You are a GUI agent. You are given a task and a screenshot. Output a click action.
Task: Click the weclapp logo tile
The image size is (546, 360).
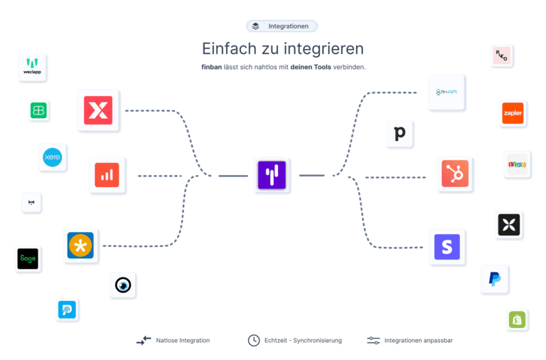tap(32, 68)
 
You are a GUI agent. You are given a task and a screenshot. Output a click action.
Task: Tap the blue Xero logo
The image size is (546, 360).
tap(53, 157)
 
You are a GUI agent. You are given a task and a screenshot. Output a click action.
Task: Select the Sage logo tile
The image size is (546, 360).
tap(28, 259)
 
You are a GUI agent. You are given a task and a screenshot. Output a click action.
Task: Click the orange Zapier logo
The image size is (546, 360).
tap(513, 113)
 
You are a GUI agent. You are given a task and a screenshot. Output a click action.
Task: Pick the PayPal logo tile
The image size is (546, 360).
tap(494, 280)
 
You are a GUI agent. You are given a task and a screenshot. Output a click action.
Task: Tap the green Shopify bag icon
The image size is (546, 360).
tap(518, 320)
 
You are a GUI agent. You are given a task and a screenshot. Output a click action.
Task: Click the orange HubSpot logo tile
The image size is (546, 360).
tap(455, 174)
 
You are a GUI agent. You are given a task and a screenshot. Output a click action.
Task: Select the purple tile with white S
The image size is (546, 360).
tap(447, 247)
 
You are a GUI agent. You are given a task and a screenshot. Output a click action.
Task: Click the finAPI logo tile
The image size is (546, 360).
tap(446, 92)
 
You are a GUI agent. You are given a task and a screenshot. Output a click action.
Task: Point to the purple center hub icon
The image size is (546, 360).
tap(270, 175)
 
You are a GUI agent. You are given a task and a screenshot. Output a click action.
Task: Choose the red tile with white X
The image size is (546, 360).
tap(98, 110)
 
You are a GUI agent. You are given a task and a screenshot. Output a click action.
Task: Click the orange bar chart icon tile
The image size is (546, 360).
tap(107, 175)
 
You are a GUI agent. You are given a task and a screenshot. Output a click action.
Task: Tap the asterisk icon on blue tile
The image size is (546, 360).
tap(80, 246)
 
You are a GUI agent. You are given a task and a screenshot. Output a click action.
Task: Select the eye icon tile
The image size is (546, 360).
tap(123, 285)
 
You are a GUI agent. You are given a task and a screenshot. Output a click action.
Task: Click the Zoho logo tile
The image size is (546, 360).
tap(517, 164)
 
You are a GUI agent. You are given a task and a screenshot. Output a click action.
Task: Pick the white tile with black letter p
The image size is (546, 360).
tap(400, 134)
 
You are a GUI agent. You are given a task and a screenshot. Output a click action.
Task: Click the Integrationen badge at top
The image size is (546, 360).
tap(282, 26)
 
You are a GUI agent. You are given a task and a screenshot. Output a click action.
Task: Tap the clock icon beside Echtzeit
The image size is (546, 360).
tap(253, 341)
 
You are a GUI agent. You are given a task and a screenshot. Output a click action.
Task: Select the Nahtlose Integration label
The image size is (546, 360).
tap(183, 341)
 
